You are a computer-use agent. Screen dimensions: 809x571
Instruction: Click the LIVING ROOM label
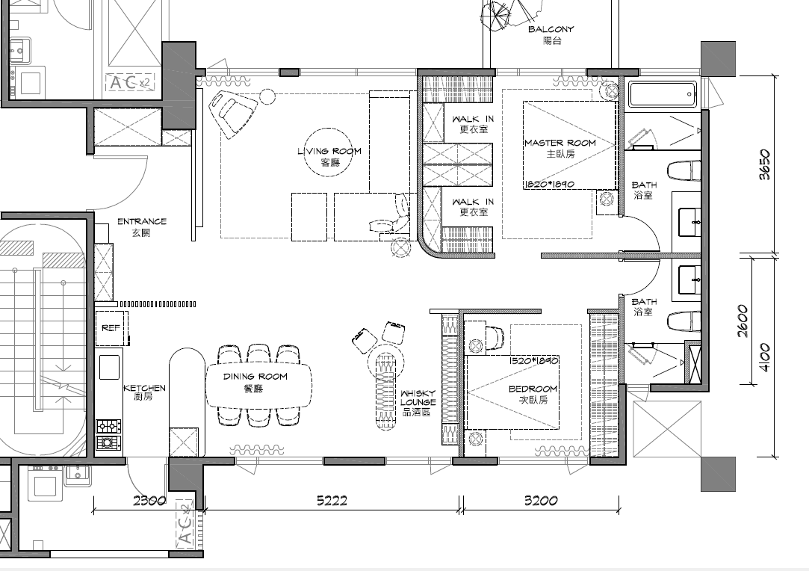(x=329, y=151)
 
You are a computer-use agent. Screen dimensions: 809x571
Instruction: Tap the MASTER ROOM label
(x=560, y=143)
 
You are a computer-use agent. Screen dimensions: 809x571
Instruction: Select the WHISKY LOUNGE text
(x=418, y=398)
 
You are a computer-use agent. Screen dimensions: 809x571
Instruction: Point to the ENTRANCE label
(x=142, y=221)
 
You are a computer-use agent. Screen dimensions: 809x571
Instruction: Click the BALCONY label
(x=551, y=29)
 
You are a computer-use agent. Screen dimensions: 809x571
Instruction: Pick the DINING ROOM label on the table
(x=255, y=377)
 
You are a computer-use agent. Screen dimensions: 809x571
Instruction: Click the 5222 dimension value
(x=332, y=500)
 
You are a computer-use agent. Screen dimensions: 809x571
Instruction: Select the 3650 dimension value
(x=765, y=164)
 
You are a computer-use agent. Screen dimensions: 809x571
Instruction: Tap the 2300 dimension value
(x=149, y=500)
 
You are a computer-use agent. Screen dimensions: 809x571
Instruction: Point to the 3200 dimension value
(x=541, y=500)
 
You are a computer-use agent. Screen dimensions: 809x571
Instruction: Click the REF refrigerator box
(x=111, y=328)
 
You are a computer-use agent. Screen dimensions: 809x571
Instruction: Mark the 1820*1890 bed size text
(x=549, y=184)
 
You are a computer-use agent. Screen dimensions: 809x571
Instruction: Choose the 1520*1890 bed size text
(x=533, y=360)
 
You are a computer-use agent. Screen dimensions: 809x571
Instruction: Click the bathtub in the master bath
(x=663, y=93)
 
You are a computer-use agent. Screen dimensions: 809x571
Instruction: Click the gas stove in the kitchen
(x=109, y=434)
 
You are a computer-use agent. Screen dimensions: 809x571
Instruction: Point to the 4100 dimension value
(x=765, y=357)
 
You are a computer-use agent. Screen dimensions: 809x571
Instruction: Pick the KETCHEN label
(x=144, y=388)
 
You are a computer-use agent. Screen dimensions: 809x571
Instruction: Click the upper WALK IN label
(x=473, y=120)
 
